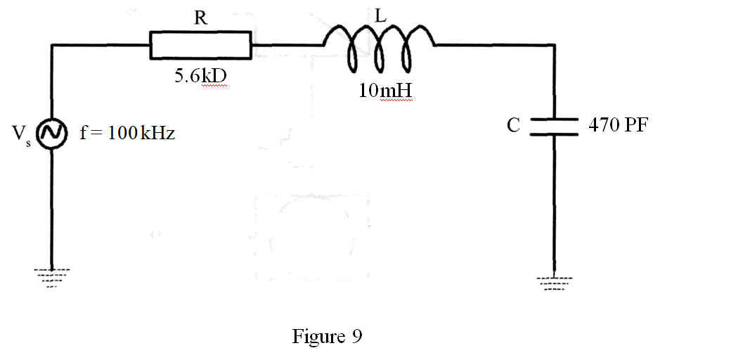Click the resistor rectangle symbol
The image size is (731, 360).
point(200,45)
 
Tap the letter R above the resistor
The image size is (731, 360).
point(200,18)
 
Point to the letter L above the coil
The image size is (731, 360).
point(380,16)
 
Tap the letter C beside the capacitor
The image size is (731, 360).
point(514,126)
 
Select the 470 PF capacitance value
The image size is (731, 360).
point(619,126)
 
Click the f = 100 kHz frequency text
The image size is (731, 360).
point(127,133)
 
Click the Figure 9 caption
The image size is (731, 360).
point(327,336)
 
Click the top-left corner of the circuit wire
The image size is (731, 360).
point(52,45)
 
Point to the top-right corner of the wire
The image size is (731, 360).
point(555,45)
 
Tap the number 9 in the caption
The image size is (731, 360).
point(356,336)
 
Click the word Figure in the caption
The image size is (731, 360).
point(318,336)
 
